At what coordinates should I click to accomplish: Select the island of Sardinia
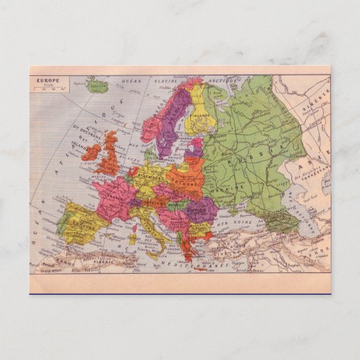(134, 237)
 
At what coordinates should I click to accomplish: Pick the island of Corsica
(135, 221)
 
